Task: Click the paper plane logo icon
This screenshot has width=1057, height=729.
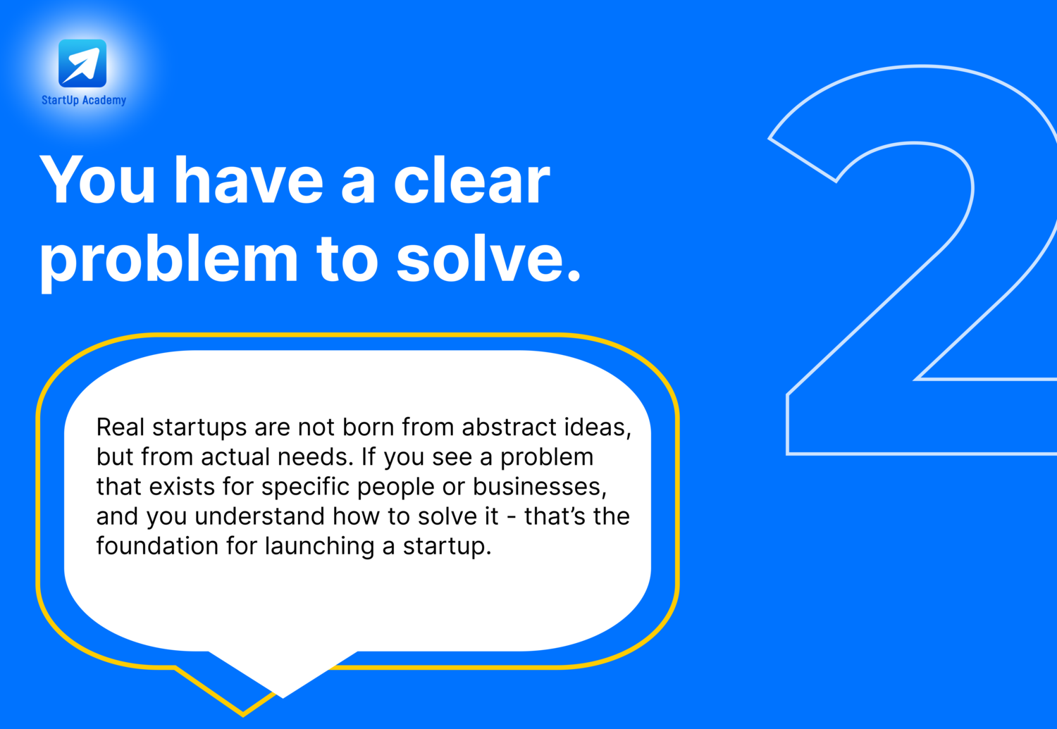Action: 82,63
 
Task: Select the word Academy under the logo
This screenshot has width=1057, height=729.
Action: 104,101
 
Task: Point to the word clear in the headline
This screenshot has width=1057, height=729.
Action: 472,180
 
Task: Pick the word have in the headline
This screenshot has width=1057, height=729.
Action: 249,180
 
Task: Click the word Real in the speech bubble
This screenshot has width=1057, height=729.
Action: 120,428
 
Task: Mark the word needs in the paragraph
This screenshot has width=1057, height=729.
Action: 315,457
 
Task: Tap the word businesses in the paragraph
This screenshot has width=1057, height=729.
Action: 540,487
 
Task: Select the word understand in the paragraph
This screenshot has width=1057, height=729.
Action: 259,516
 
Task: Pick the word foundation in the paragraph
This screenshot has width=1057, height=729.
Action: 157,546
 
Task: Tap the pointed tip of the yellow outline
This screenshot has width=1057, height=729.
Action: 243,716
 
